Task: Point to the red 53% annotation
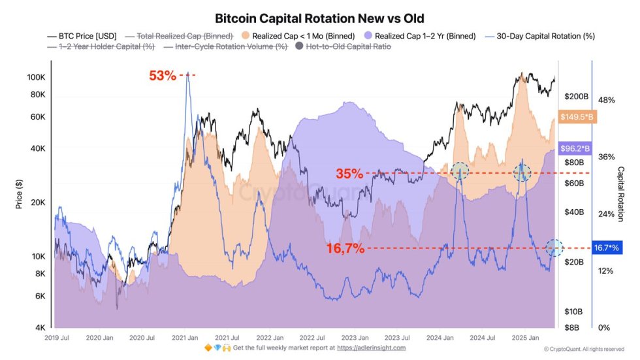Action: pos(163,75)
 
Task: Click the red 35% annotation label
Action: pos(349,174)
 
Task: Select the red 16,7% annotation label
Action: pos(345,248)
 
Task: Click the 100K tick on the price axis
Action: pos(35,77)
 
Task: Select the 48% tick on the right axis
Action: pos(607,100)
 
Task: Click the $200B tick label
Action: pos(575,97)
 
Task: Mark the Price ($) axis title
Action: pos(20,195)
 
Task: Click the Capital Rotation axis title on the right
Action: pos(621,194)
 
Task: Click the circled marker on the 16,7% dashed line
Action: pos(554,248)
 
